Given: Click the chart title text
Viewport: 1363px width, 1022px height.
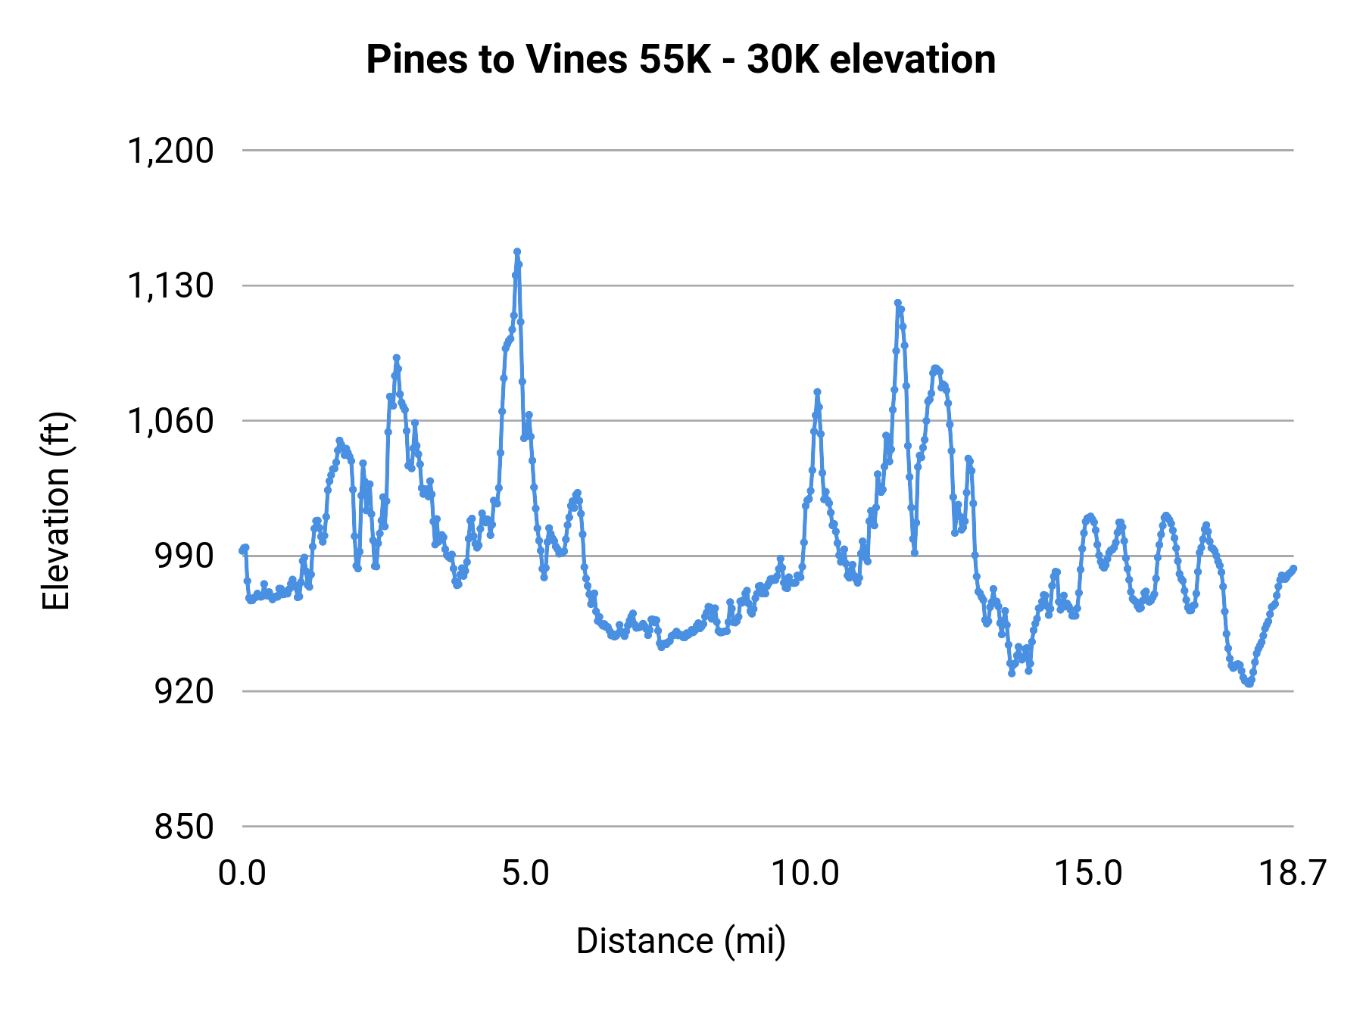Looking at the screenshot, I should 680,59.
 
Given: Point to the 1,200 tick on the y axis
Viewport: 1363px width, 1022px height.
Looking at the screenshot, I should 170,151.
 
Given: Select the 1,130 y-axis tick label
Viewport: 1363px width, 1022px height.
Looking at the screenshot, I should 170,286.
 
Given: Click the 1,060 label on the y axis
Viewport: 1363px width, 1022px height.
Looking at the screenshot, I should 170,421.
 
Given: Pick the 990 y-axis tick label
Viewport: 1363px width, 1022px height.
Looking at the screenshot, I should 184,556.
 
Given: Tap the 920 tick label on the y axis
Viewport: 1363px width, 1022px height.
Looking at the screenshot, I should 184,691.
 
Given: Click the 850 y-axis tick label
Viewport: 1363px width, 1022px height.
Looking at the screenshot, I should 184,826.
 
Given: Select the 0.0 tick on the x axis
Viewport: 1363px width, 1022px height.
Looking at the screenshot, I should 242,874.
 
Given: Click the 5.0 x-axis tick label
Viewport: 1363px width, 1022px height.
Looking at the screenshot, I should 526,874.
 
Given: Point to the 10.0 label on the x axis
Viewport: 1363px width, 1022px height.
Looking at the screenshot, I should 806,874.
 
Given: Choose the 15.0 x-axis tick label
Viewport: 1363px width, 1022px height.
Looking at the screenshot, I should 1088,874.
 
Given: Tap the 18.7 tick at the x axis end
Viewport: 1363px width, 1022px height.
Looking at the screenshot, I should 1292,874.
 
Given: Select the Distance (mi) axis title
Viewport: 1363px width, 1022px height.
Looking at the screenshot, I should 680,941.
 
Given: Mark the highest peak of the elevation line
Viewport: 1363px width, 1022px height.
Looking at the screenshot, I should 517,251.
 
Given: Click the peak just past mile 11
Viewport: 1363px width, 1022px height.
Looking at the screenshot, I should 897,303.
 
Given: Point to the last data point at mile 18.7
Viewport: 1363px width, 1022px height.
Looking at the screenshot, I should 1294,568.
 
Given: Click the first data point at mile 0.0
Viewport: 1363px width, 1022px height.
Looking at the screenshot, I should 242,550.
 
